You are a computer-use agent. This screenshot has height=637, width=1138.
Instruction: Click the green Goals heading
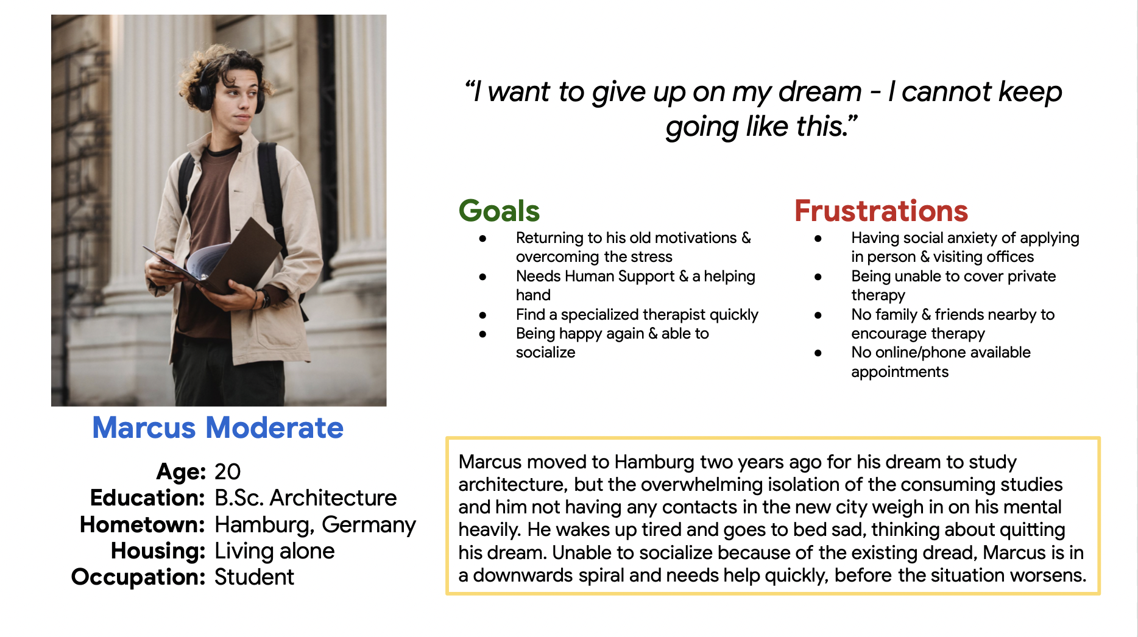point(499,211)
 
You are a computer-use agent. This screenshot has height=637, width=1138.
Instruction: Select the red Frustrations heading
point(881,211)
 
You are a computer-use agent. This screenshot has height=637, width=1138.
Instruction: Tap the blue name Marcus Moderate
point(217,428)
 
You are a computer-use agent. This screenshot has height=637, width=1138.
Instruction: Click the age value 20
point(227,471)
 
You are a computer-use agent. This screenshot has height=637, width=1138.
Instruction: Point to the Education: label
point(147,498)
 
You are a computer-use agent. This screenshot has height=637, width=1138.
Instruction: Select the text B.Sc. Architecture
point(305,498)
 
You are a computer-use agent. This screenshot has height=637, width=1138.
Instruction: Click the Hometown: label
point(142,524)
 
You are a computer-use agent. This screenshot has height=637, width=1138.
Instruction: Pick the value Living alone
point(275,551)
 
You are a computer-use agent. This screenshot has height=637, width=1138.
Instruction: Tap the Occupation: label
point(138,577)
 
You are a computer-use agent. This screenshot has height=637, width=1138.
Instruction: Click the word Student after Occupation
point(254,577)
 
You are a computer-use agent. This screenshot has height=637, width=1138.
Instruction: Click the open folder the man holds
point(213,259)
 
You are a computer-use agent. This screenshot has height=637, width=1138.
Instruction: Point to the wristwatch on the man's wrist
point(266,298)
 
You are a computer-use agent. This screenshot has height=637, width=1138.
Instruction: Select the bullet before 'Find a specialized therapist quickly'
point(482,315)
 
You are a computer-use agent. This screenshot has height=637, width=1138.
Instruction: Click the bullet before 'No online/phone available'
point(818,353)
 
